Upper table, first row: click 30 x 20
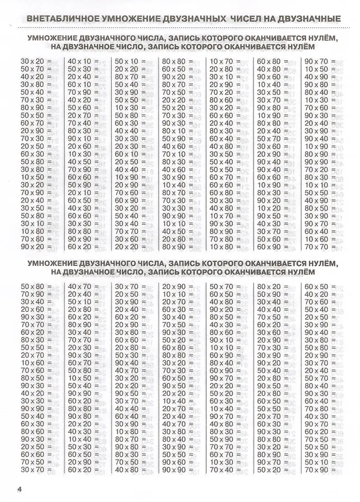click(x=32, y=60)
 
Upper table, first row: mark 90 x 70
click(x=315, y=60)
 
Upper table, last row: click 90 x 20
click(x=32, y=246)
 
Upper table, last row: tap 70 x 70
click(x=315, y=246)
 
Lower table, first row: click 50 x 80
click(x=32, y=287)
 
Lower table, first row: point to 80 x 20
click(x=268, y=287)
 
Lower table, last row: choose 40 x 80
click(x=126, y=470)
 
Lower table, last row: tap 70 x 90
click(x=315, y=470)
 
